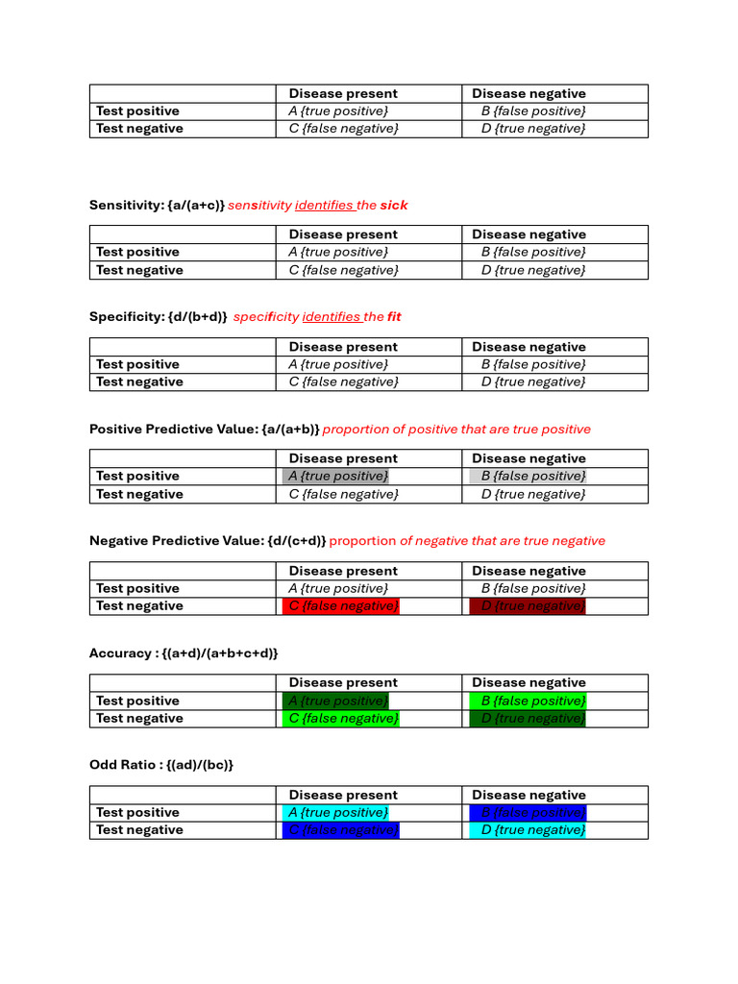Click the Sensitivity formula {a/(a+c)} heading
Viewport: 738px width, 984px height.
pyautogui.click(x=157, y=205)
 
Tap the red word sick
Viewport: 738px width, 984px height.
pyautogui.click(x=393, y=205)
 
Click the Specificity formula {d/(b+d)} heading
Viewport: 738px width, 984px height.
pyautogui.click(x=159, y=317)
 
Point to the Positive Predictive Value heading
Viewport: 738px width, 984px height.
pyautogui.click(x=204, y=430)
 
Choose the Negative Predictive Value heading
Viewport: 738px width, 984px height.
pyautogui.click(x=208, y=541)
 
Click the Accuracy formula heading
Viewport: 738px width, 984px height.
pyautogui.click(x=184, y=653)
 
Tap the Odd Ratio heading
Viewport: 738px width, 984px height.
pyautogui.click(x=161, y=765)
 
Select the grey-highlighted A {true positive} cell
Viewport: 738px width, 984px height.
pyautogui.click(x=336, y=477)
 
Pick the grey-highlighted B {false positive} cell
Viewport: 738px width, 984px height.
pyautogui.click(x=528, y=477)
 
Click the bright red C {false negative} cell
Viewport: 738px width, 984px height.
pyautogui.click(x=341, y=606)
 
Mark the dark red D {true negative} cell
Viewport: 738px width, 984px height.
pyautogui.click(x=528, y=606)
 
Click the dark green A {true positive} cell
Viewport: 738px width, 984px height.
pyautogui.click(x=336, y=701)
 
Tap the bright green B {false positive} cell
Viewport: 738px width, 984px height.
pyautogui.click(x=528, y=701)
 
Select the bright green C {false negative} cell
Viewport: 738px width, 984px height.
pyautogui.click(x=341, y=719)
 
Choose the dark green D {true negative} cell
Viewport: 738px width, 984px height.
pyautogui.click(x=528, y=719)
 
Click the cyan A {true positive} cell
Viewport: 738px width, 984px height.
pyautogui.click(x=336, y=813)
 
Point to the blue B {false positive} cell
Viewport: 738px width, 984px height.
pyautogui.click(x=528, y=813)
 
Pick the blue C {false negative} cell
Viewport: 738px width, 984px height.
pyautogui.click(x=341, y=830)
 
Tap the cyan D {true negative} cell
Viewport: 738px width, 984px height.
pyautogui.click(x=528, y=830)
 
